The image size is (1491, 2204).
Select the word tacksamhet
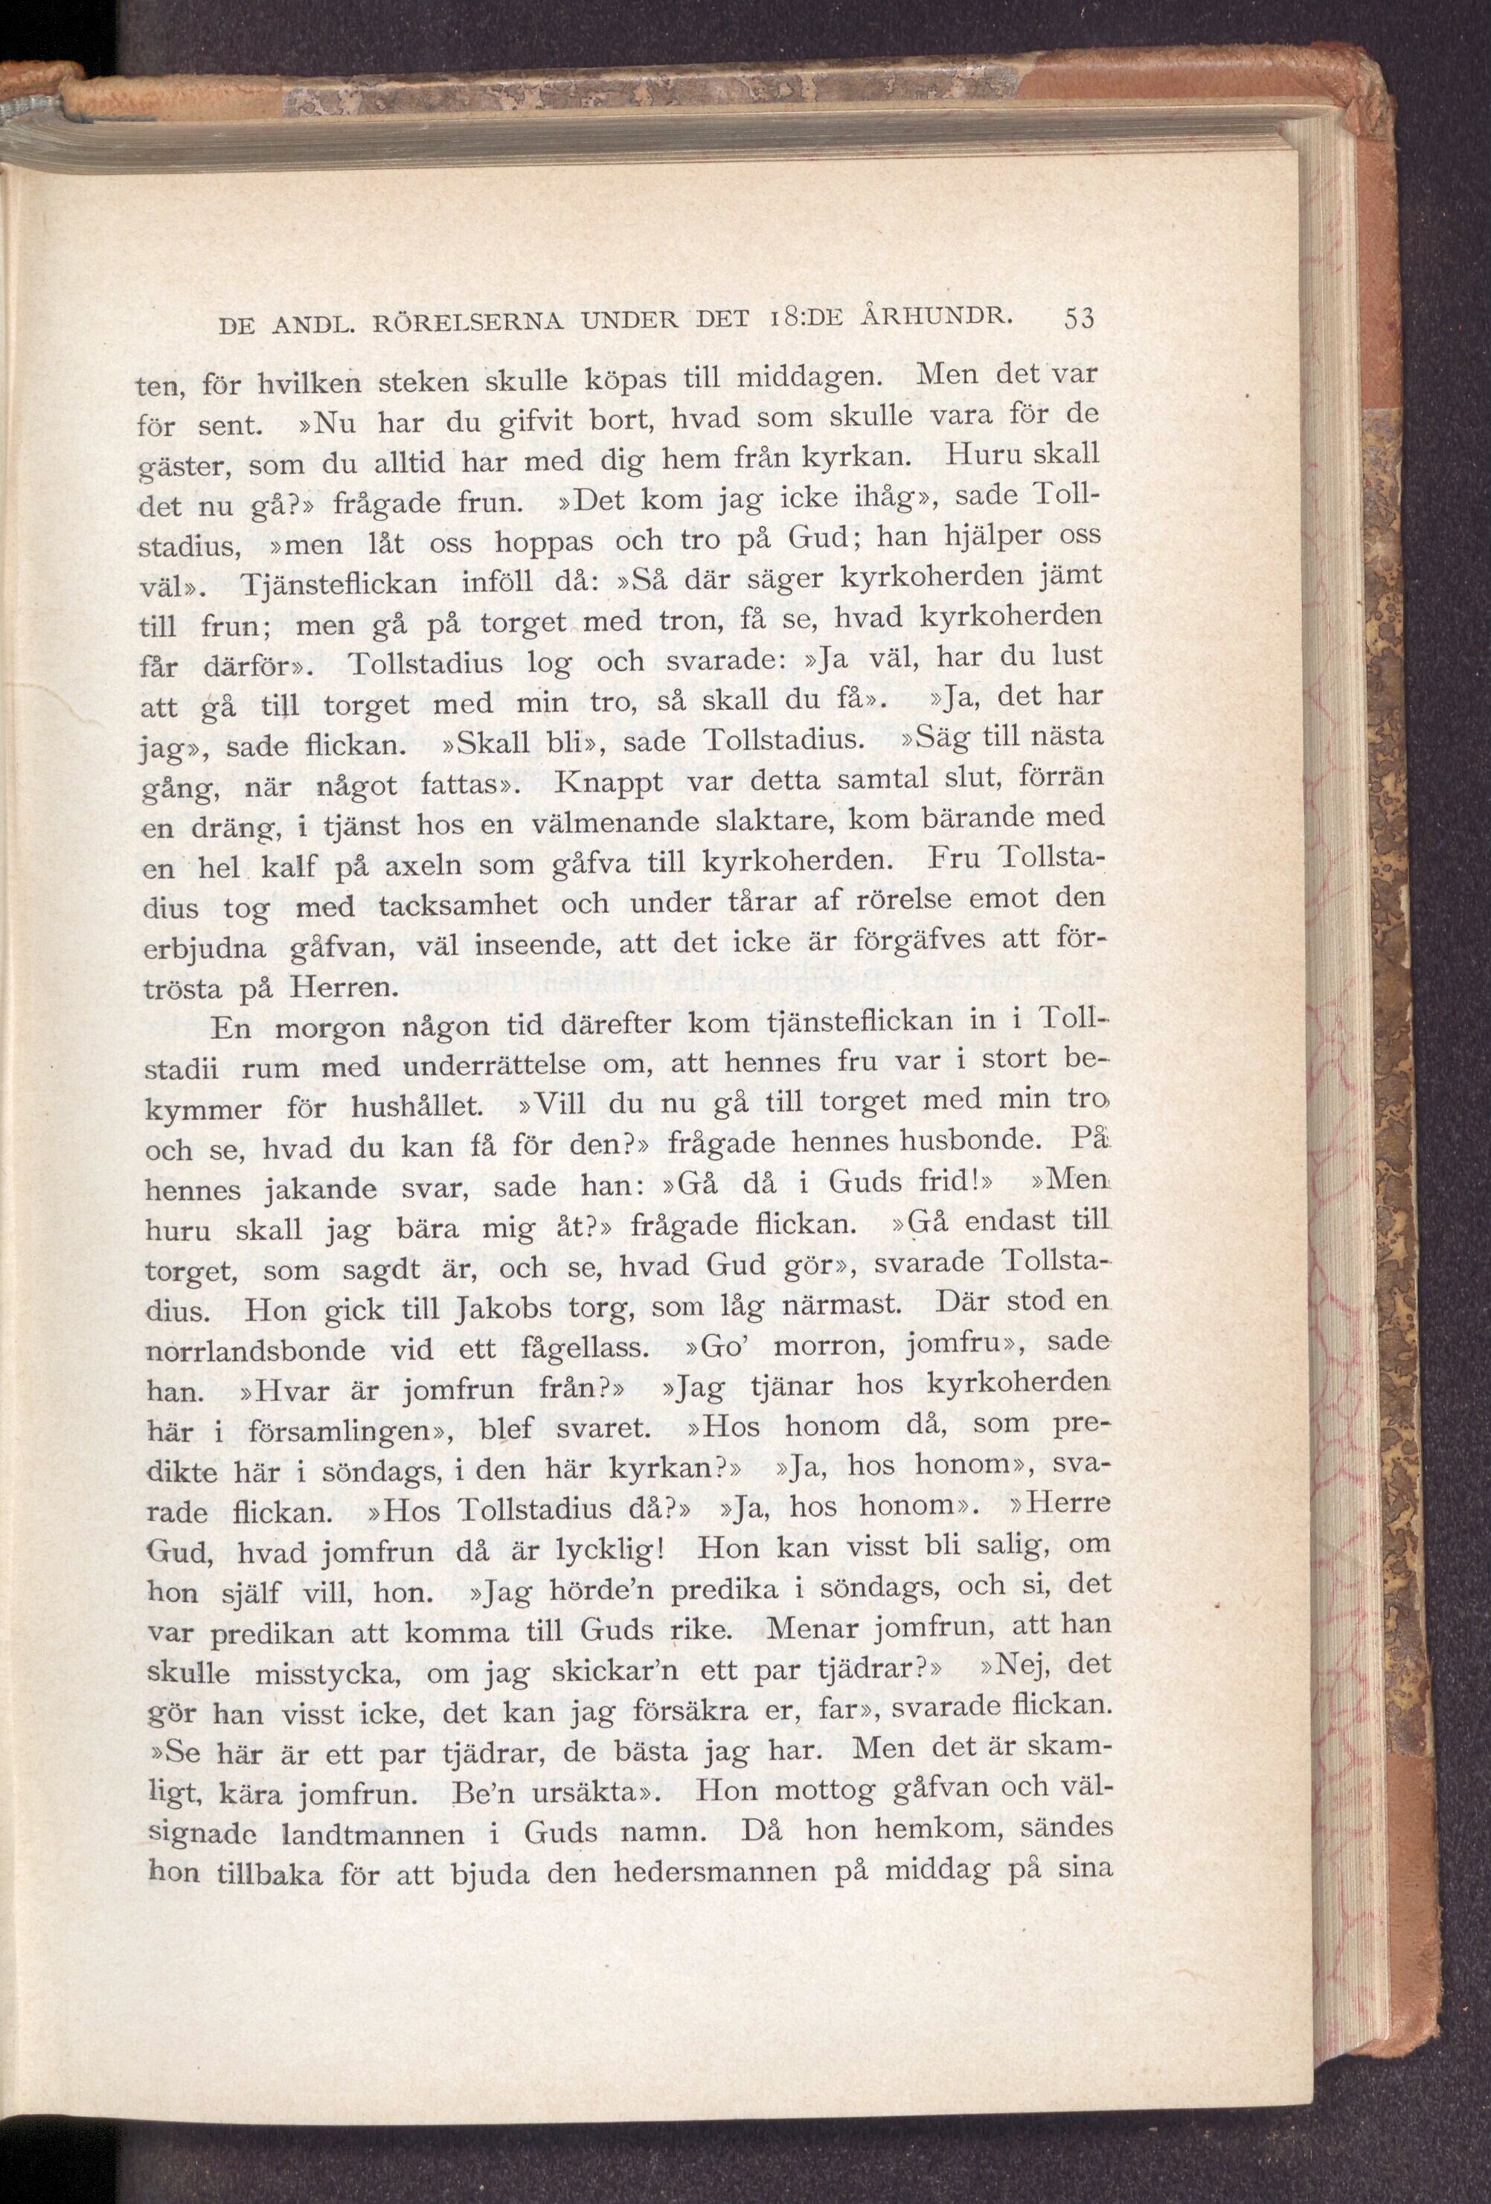[460, 906]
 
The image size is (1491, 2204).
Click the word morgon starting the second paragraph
[327, 1027]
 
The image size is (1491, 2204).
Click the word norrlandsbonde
[255, 1348]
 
